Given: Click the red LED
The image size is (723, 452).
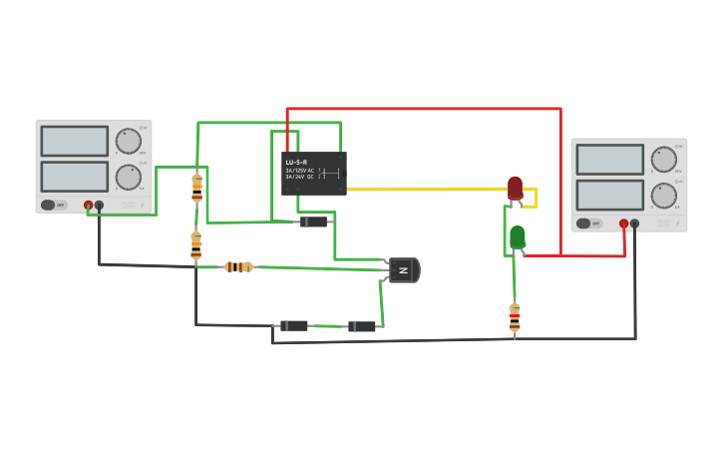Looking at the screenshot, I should [515, 188].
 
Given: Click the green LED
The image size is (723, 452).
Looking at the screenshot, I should [518, 236].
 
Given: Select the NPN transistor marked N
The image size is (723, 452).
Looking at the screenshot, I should [403, 269].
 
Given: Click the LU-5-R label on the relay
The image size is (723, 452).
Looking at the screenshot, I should [296, 162].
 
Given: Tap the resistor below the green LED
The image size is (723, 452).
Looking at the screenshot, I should [515, 317].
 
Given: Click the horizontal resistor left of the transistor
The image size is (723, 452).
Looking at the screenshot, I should [238, 266].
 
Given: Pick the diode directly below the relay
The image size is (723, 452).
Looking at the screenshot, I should [314, 222].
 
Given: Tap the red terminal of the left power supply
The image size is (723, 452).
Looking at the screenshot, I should [88, 206].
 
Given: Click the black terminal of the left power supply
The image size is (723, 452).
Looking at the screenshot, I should [99, 206].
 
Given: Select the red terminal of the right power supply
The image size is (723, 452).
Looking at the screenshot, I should [623, 224].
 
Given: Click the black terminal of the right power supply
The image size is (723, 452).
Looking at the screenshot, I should [634, 224].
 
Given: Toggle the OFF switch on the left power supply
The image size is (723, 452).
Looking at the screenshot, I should [49, 206].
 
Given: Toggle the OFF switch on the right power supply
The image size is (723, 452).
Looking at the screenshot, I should [584, 224].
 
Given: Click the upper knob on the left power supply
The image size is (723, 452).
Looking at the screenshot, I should [128, 141].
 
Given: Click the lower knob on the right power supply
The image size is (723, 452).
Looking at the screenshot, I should [663, 196].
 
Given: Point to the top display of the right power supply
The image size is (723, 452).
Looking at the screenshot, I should [609, 160].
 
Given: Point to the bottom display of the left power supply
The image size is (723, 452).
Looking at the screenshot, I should [74, 177].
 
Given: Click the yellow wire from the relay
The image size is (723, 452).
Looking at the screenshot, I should [429, 189].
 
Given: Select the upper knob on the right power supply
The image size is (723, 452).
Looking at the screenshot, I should [663, 159].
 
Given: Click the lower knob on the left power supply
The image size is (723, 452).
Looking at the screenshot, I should [128, 178].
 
